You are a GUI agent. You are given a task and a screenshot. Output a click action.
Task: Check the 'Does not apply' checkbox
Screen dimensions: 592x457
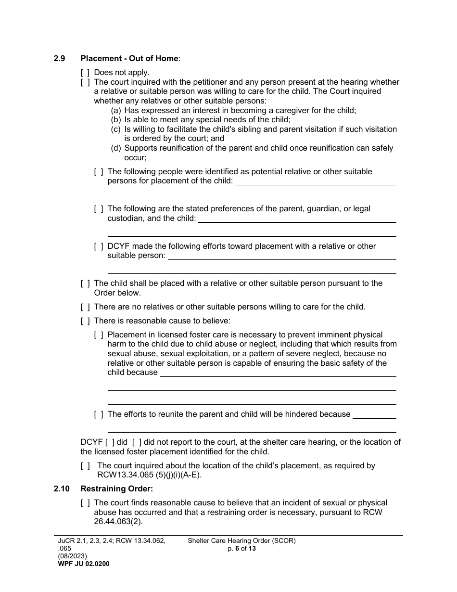85,73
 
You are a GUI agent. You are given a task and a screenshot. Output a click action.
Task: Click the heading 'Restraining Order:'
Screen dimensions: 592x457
117,489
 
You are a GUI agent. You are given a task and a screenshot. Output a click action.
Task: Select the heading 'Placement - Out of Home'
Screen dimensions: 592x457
129,59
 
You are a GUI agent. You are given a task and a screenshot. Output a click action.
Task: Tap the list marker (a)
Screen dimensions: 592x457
115,110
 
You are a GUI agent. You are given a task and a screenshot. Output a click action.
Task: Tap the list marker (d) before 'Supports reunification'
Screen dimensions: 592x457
115,148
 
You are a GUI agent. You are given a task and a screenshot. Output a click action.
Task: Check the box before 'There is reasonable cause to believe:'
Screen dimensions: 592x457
85,321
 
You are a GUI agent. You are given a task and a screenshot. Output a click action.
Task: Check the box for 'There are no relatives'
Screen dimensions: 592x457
85,307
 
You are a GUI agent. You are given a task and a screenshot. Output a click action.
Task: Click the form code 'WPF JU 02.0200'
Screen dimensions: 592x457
83,564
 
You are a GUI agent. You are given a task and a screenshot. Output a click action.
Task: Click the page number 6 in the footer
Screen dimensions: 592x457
237,548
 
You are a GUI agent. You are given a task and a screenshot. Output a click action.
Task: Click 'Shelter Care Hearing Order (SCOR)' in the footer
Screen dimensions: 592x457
241,541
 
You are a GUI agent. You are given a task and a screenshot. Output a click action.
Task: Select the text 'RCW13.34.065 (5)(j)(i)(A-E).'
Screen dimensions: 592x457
149,476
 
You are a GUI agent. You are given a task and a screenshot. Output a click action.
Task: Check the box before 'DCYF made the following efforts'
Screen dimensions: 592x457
98,246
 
